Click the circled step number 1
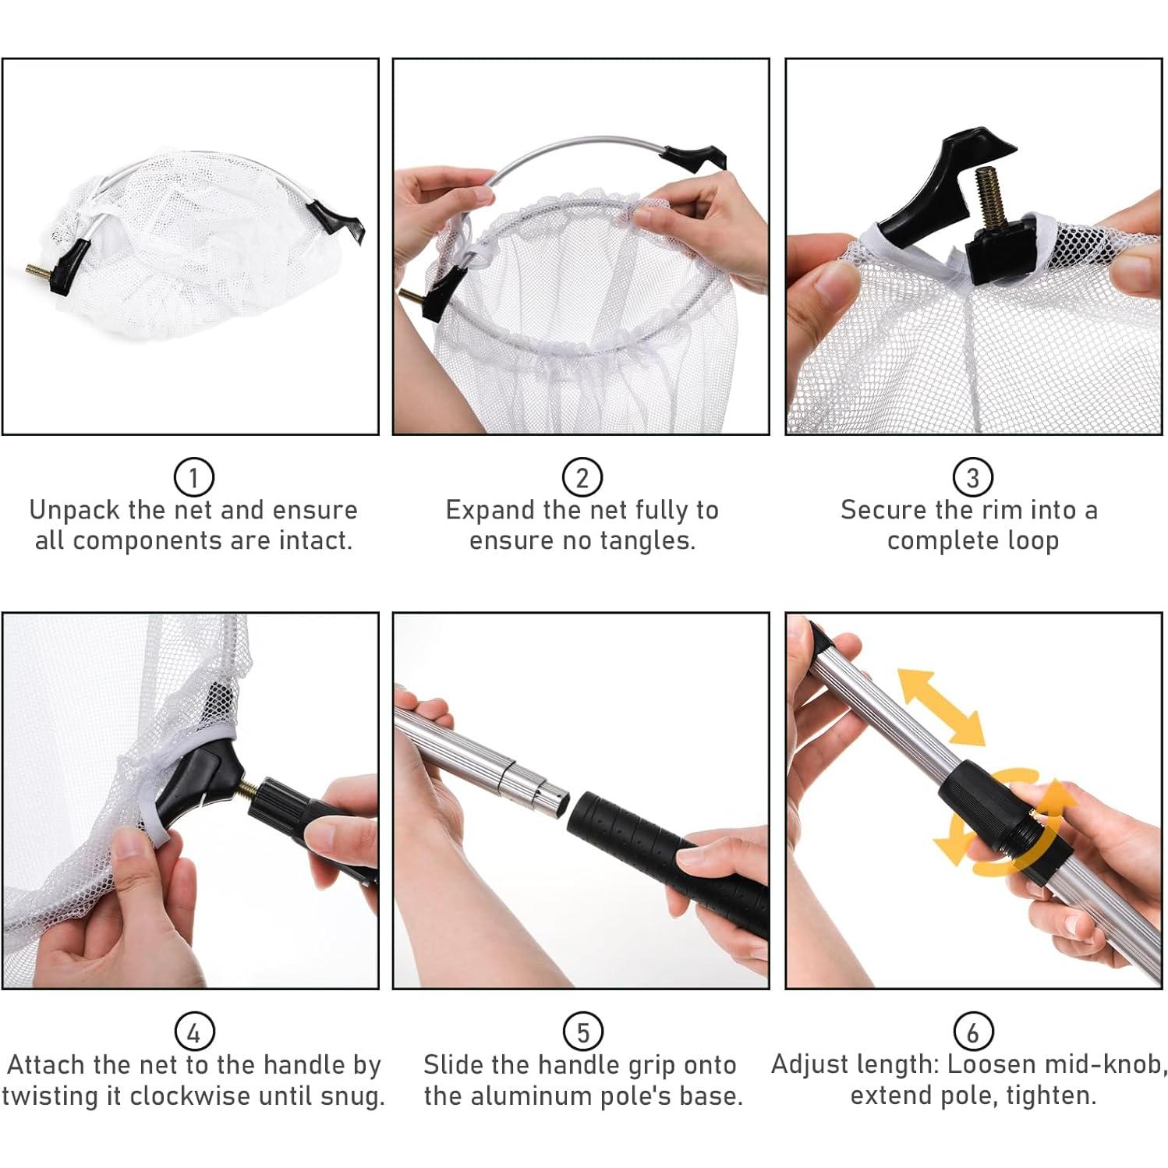pos(193,476)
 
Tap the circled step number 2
pos(582,476)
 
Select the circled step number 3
pos(972,476)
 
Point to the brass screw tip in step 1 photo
pos(38,271)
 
